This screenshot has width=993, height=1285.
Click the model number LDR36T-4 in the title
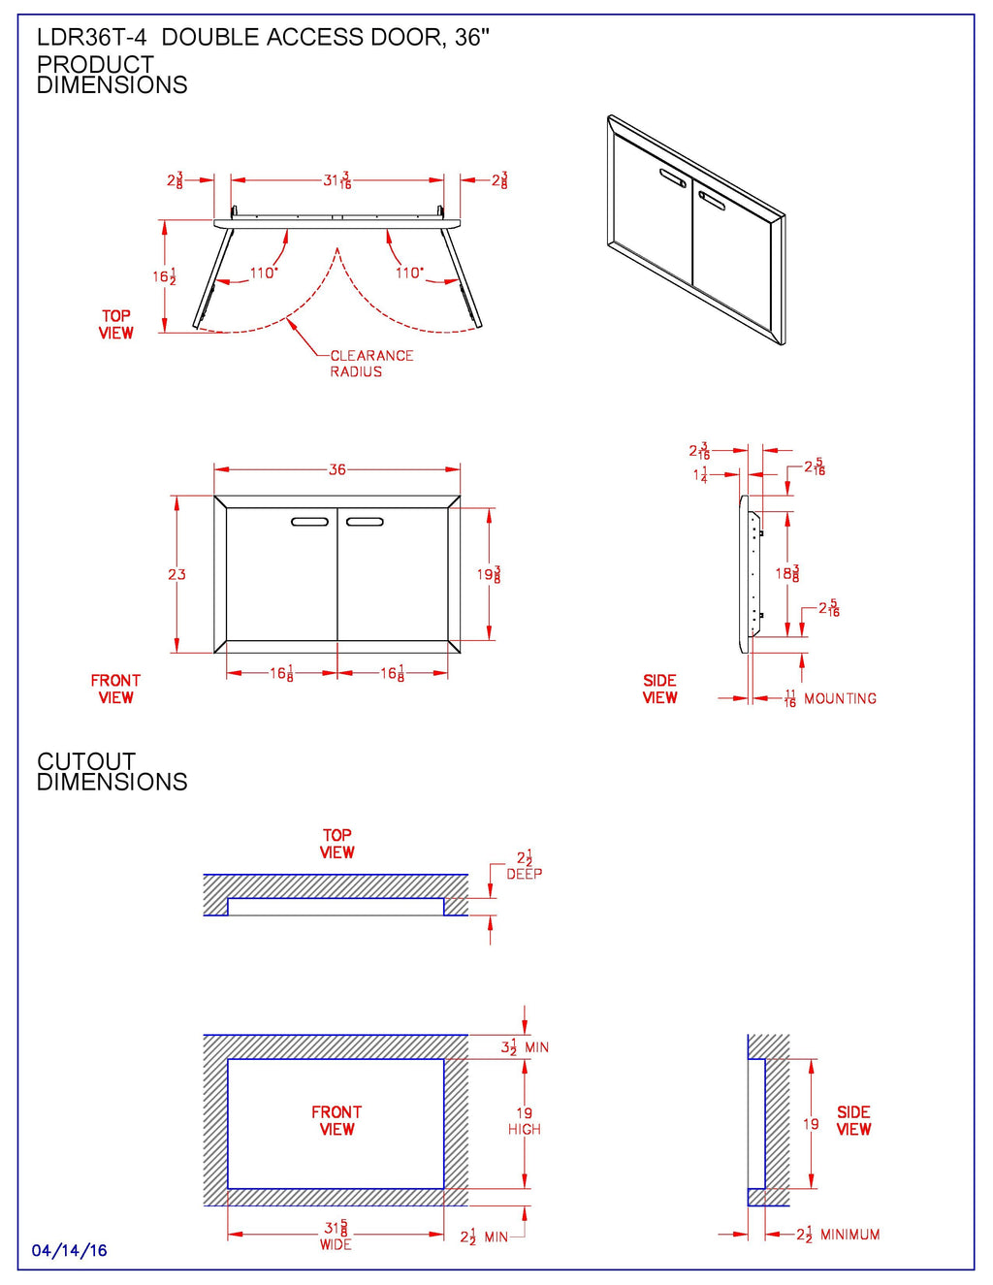coord(91,38)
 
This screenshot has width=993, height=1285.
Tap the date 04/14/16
coord(70,1251)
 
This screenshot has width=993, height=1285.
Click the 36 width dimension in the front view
coord(336,469)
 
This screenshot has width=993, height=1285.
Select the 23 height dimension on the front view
coord(176,574)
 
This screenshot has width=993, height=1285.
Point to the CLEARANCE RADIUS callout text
coord(370,364)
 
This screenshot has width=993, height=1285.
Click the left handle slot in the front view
coord(310,522)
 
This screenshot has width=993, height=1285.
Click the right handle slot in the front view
coord(365,522)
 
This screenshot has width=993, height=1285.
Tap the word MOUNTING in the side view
coord(840,698)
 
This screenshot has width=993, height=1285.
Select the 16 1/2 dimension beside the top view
coord(164,276)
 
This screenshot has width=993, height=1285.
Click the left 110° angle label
coord(263,273)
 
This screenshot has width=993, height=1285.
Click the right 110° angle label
coord(409,273)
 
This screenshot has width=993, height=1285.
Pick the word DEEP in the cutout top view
coord(524,874)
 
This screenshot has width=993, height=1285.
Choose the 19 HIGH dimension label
coord(525,1121)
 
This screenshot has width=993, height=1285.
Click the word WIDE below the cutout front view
coord(336,1244)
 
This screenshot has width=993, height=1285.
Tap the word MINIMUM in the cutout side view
coord(849,1235)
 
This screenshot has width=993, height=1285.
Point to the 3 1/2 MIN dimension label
coord(524,1047)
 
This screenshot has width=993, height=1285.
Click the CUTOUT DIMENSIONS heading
coord(111,772)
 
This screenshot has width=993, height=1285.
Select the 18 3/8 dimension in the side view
coord(787,573)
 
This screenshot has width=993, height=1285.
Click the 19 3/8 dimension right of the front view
coord(489,574)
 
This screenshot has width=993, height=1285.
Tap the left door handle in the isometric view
coord(673,177)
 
